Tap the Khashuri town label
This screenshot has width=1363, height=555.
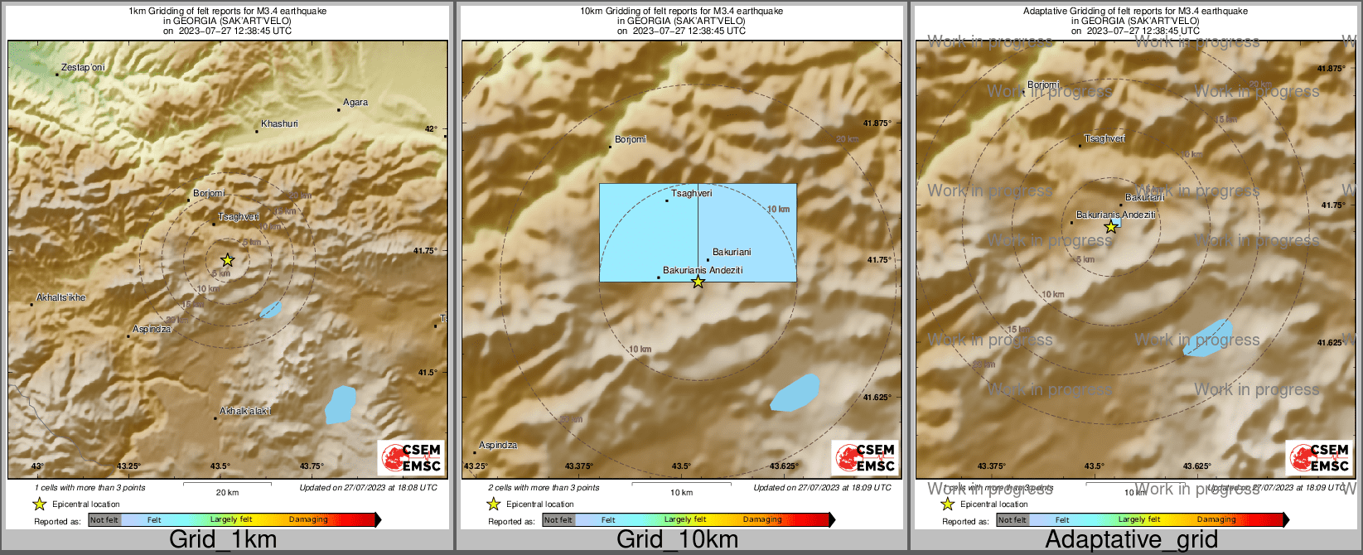pyautogui.click(x=279, y=123)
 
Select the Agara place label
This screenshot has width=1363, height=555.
pyautogui.click(x=355, y=103)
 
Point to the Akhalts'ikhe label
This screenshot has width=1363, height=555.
pyautogui.click(x=61, y=297)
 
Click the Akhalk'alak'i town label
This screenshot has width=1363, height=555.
pyautogui.click(x=244, y=411)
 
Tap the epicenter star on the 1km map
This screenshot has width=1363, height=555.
pyautogui.click(x=228, y=260)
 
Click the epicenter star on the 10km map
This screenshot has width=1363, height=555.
pyautogui.click(x=698, y=282)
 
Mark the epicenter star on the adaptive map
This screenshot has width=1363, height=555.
pyautogui.click(x=1111, y=227)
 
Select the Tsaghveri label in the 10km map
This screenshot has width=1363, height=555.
pyautogui.click(x=691, y=193)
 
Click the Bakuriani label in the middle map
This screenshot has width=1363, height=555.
pyautogui.click(x=732, y=252)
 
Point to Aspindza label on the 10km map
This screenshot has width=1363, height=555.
pyautogui.click(x=498, y=445)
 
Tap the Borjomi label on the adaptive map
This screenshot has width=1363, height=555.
pyautogui.click(x=1043, y=84)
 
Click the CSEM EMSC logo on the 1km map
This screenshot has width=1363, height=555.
pyautogui.click(x=411, y=458)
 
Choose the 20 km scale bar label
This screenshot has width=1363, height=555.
pyautogui.click(x=227, y=492)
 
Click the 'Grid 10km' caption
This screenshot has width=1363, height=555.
pyautogui.click(x=677, y=539)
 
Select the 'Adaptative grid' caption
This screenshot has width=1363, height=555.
pyautogui.click(x=1131, y=539)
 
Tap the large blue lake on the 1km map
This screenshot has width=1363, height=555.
pyautogui.click(x=340, y=404)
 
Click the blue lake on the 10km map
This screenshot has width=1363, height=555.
pyautogui.click(x=795, y=393)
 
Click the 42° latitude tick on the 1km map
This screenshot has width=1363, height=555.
pyautogui.click(x=430, y=129)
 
